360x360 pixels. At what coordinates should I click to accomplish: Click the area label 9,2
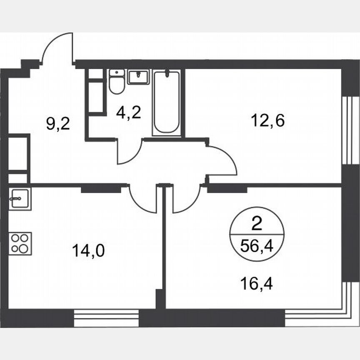[58, 124]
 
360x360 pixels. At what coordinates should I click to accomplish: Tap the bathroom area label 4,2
[128, 113]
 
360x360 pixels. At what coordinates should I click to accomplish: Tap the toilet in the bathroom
[116, 82]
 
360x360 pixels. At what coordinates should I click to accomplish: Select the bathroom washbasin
[138, 77]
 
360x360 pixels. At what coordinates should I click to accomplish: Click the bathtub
[167, 103]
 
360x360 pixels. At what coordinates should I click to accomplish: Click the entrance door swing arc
[57, 48]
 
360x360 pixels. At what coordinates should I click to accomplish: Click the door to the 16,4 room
[184, 199]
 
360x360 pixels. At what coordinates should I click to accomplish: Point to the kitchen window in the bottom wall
[106, 318]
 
